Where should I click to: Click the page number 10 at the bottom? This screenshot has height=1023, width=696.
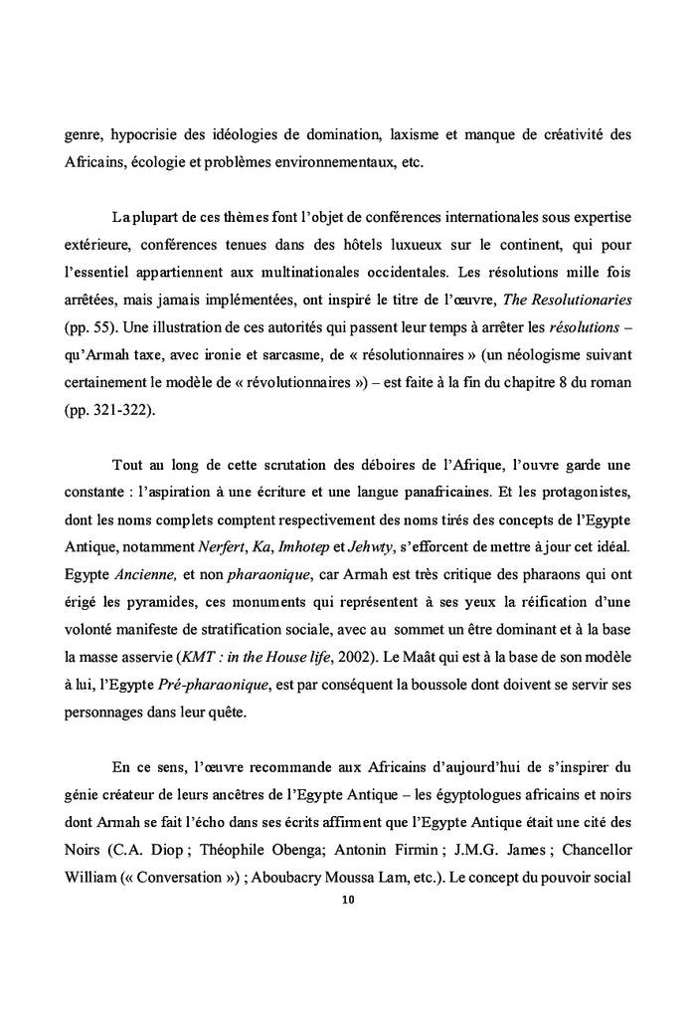pos(348,900)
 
